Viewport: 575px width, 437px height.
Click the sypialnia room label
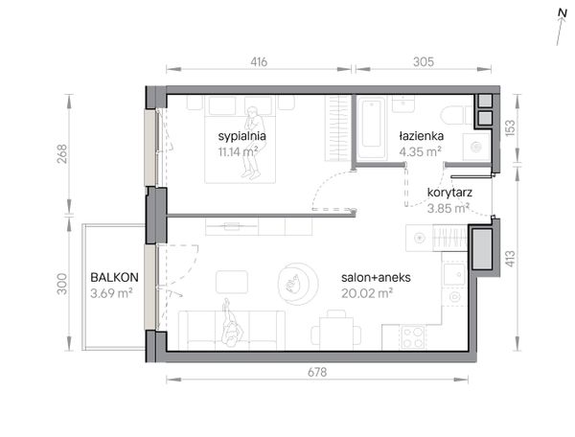tap(241, 136)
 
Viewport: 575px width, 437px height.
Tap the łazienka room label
tap(421, 136)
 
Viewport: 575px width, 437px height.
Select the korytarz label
tap(449, 193)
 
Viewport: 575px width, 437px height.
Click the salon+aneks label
tap(376, 278)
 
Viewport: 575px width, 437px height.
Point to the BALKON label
tap(114, 278)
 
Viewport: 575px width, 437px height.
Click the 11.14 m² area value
tap(238, 151)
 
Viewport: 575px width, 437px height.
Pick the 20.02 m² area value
tap(367, 293)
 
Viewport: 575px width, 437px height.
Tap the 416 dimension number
tap(259, 62)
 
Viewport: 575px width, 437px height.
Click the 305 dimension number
tap(424, 62)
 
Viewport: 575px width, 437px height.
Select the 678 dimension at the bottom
tap(317, 373)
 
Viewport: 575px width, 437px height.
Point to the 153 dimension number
tap(510, 128)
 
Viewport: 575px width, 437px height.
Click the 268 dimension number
tap(62, 154)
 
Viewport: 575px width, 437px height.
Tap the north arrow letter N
tap(562, 13)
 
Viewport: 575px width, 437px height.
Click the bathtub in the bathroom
tap(372, 127)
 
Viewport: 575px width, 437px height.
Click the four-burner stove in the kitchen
tap(413, 337)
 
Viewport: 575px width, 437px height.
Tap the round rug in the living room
tap(298, 284)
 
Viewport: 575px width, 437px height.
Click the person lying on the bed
tap(252, 143)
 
